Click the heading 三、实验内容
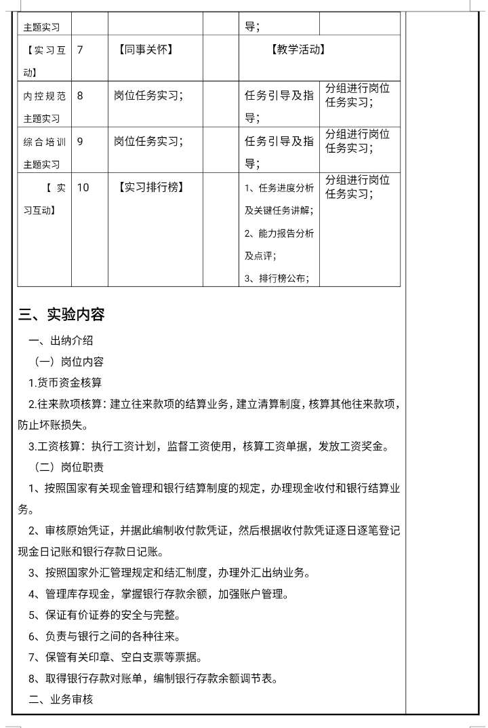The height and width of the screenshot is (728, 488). pyautogui.click(x=62, y=315)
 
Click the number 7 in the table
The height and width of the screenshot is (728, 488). pyautogui.click(x=80, y=50)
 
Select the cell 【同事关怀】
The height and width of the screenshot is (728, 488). pyautogui.click(x=144, y=50)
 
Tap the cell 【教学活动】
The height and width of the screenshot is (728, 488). pyautogui.click(x=298, y=50)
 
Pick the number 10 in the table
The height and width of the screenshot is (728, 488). pyautogui.click(x=83, y=187)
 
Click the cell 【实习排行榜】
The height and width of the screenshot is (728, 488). pyautogui.click(x=150, y=187)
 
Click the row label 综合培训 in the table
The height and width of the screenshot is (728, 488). pyautogui.click(x=45, y=142)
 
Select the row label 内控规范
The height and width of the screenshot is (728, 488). pyautogui.click(x=45, y=96)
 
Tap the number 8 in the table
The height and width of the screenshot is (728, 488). pyautogui.click(x=80, y=96)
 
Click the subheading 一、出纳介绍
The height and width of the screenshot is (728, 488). pyautogui.click(x=60, y=340)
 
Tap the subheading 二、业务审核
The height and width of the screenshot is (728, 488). pyautogui.click(x=60, y=699)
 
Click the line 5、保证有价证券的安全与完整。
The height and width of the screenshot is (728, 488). pyautogui.click(x=104, y=615)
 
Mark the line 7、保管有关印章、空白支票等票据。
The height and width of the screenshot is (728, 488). pyautogui.click(x=115, y=657)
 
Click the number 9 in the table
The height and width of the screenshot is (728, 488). pyautogui.click(x=80, y=142)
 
